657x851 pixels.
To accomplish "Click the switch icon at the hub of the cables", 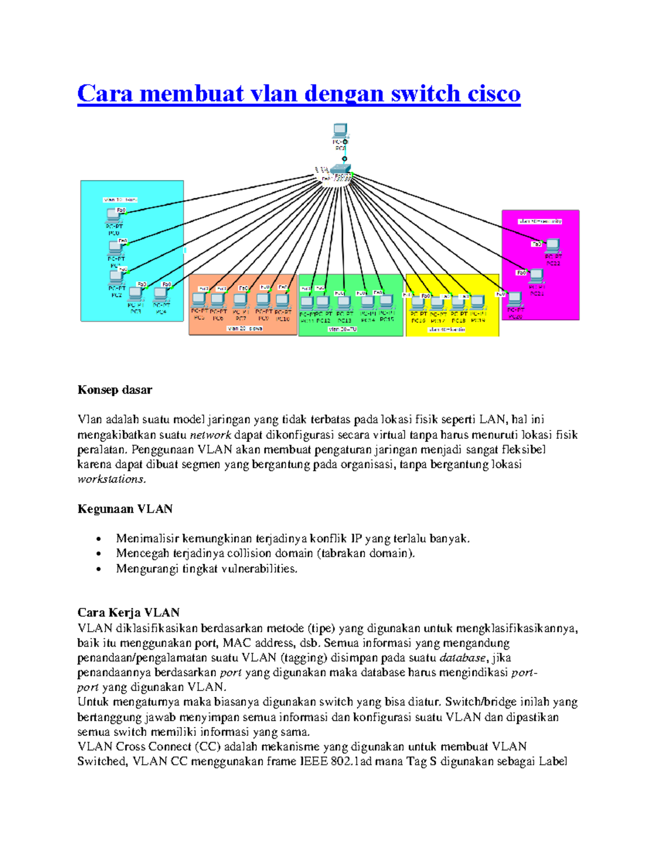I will click(x=339, y=170).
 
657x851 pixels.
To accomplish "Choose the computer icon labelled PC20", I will click(x=515, y=299).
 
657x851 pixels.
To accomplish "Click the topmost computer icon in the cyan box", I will click(x=113, y=215).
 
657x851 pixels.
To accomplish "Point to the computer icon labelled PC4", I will click(x=160, y=295).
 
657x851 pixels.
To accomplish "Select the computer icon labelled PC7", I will click(x=240, y=300).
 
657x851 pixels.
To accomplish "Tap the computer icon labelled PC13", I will click(x=344, y=302).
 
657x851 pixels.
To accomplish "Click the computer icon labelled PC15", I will click(x=386, y=301).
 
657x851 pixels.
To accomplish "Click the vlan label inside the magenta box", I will click(x=540, y=221).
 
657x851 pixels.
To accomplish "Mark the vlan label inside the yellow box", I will click(x=447, y=329).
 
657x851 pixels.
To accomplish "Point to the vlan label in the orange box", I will click(x=245, y=328).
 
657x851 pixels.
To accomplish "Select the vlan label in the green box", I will click(x=342, y=329).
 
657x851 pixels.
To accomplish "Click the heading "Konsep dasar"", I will click(x=114, y=390).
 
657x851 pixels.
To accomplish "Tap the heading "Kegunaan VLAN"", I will click(x=125, y=509).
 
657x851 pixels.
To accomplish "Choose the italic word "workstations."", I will click(x=112, y=479).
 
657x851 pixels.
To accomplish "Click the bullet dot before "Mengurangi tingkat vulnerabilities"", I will click(x=99, y=569).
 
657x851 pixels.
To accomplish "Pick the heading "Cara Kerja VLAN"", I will click(x=129, y=612).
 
